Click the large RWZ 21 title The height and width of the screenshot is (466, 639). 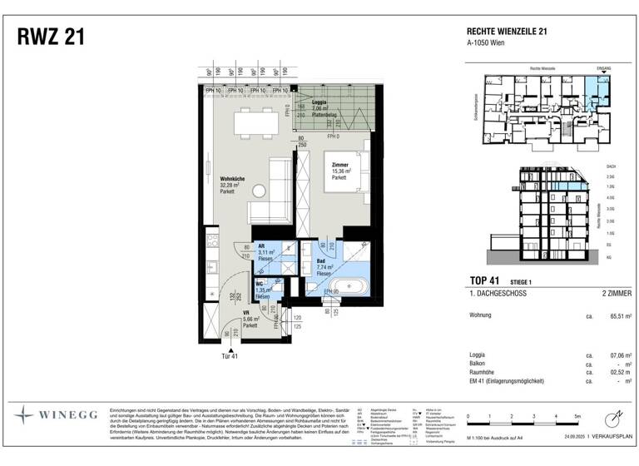(x=50, y=37)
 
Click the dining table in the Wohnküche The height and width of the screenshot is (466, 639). (x=255, y=124)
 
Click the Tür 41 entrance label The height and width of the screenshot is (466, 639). (x=229, y=355)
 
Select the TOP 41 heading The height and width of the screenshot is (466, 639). (x=485, y=280)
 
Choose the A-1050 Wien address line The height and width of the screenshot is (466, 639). (x=487, y=42)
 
